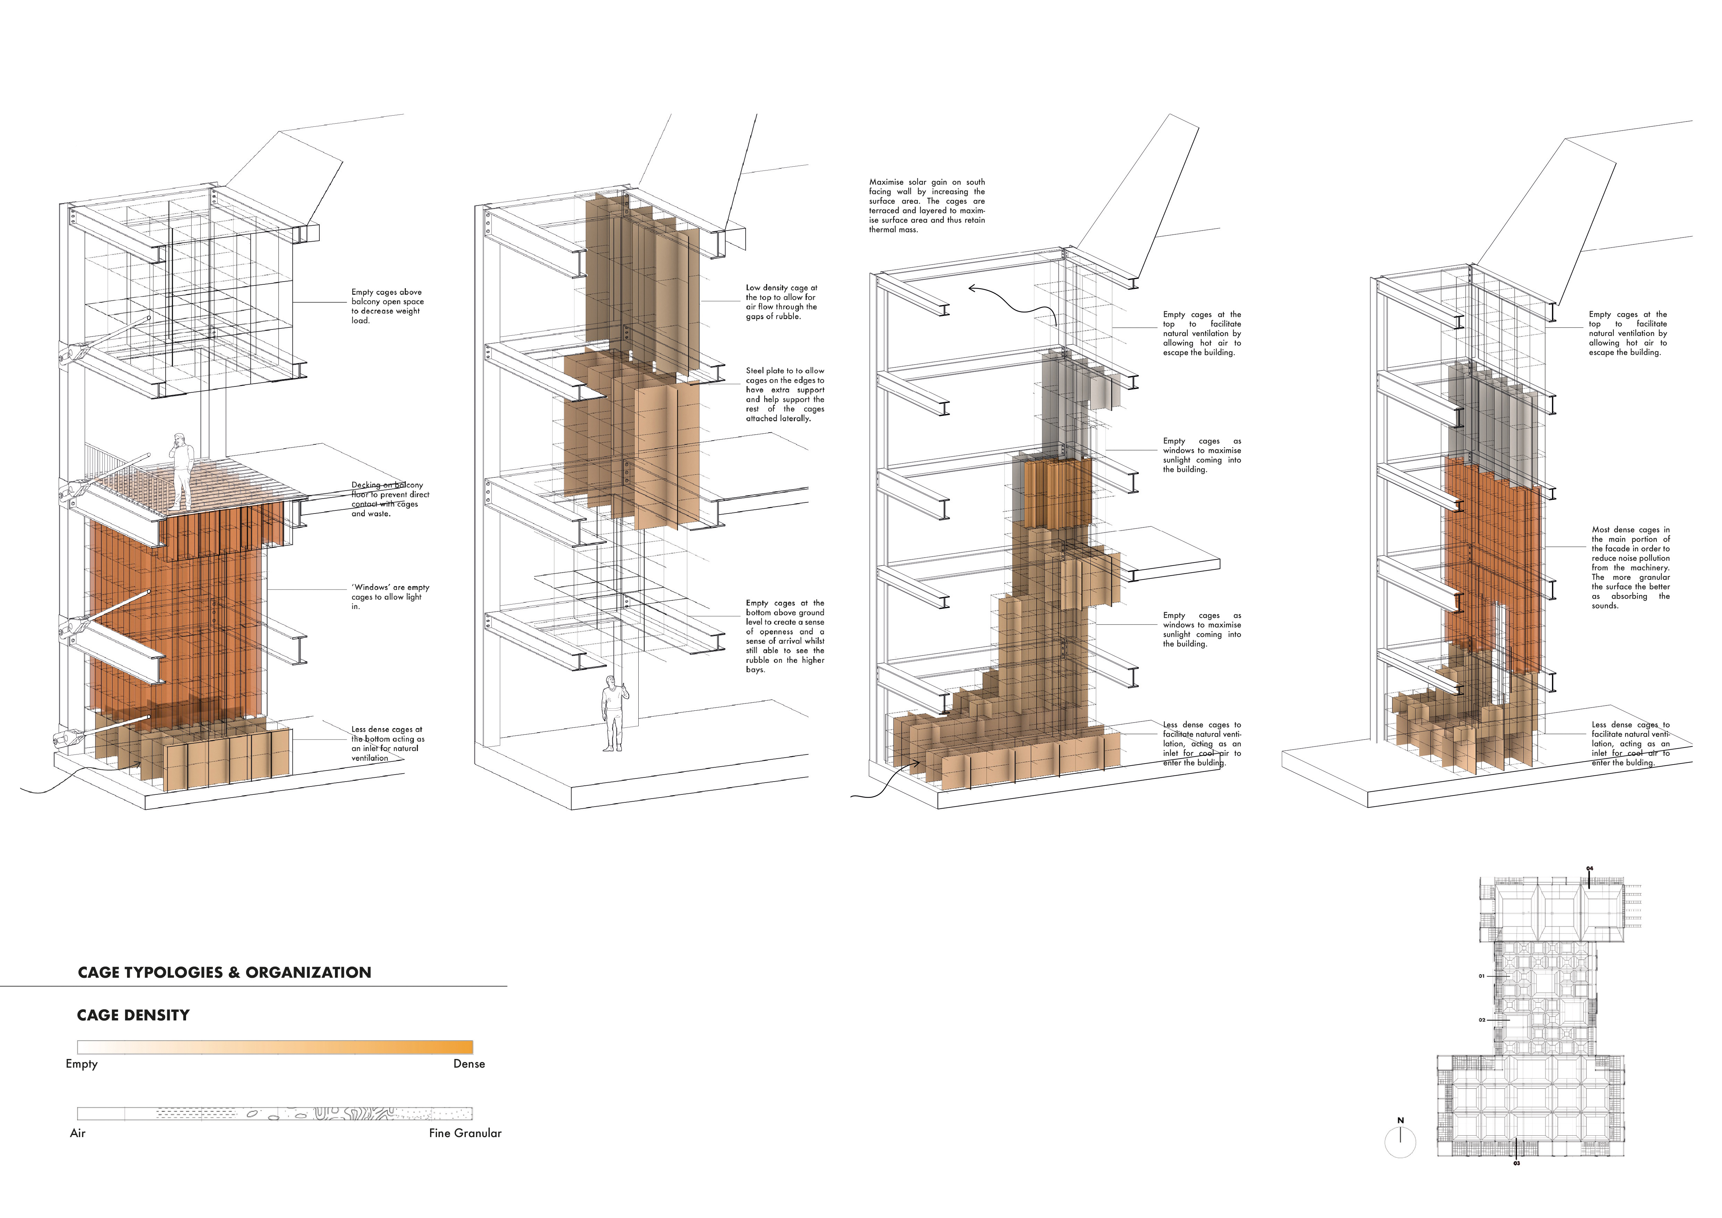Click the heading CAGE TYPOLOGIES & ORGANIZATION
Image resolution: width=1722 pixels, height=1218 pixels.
tap(224, 973)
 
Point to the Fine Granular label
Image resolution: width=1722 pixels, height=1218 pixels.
tap(465, 1133)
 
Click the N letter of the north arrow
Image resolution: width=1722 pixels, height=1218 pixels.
tap(1400, 1120)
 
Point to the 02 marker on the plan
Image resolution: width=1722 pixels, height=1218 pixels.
tap(1482, 1020)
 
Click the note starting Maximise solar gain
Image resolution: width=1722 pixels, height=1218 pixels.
tap(927, 206)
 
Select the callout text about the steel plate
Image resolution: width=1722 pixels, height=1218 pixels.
tap(784, 394)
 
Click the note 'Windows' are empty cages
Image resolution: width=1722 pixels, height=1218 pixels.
tap(390, 597)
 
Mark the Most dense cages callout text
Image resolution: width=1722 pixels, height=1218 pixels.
tap(1630, 568)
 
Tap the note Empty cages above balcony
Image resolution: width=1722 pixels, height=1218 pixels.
tap(387, 306)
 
